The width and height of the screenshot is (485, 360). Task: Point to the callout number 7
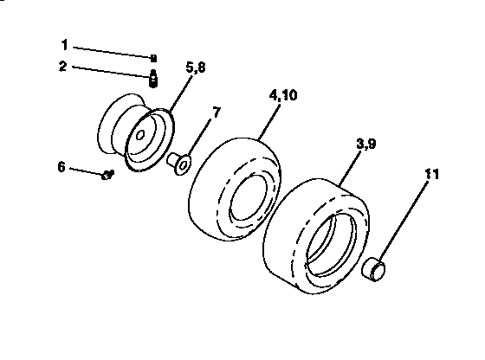pos(217,113)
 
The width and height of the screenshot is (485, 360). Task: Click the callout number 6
pos(61,166)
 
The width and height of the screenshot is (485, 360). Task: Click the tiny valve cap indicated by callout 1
pos(152,58)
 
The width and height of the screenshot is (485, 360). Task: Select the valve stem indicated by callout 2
pos(152,79)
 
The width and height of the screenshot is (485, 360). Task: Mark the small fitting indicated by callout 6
pos(107,175)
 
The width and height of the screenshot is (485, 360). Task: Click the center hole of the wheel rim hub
pos(139,137)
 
